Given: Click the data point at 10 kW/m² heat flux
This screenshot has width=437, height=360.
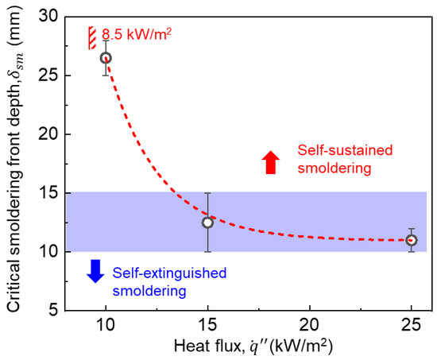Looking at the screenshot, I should (105, 58).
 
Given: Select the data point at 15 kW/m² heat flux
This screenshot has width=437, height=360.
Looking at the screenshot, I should (207, 223).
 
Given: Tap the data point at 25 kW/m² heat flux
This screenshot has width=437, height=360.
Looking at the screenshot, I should (411, 240).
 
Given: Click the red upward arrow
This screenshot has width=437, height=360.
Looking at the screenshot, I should (270, 162).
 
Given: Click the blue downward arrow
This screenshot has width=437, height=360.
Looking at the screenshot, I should (95, 271).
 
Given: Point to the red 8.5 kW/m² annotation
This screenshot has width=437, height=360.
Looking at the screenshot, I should (136, 35).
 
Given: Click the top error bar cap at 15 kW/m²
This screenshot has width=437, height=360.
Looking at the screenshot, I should (207, 193).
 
